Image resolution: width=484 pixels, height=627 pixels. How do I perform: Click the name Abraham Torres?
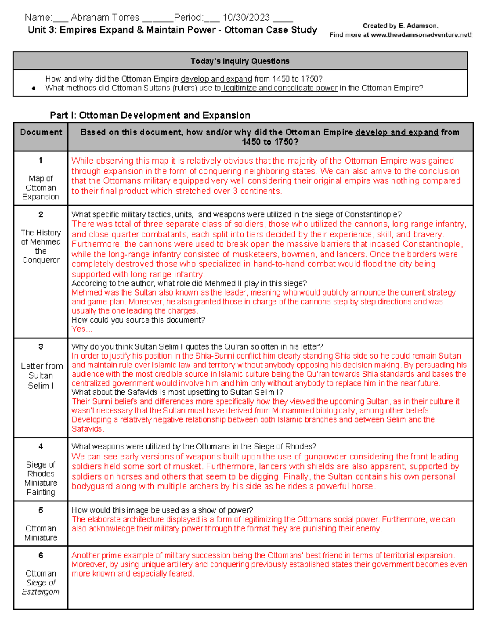click(105, 17)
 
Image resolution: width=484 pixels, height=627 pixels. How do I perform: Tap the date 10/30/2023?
click(246, 17)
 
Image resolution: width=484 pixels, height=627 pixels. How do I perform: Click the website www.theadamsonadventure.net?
click(421, 35)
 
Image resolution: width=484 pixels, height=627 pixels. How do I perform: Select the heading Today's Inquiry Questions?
click(240, 61)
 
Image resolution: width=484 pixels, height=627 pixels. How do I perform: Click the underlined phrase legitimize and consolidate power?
click(280, 88)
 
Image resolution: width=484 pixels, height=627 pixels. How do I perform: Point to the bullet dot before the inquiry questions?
click(34, 88)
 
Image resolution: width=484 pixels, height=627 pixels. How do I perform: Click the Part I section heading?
click(150, 115)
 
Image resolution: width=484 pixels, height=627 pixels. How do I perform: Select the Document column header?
click(41, 132)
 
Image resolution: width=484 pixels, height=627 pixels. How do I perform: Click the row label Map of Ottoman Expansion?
click(41, 187)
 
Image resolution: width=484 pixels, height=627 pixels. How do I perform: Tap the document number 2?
click(41, 214)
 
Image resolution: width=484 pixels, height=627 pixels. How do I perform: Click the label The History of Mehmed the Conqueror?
click(41, 246)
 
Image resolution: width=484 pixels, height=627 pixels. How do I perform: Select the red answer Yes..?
click(81, 329)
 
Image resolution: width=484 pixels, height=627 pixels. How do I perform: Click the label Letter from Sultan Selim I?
click(42, 375)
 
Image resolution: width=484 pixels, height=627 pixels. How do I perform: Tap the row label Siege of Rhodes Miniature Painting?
click(41, 478)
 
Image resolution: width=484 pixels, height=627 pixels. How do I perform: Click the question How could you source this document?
click(138, 320)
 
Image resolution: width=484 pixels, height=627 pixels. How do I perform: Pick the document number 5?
click(41, 510)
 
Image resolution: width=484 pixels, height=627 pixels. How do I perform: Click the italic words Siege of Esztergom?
click(41, 587)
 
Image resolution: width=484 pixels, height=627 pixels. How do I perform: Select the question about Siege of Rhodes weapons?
click(194, 447)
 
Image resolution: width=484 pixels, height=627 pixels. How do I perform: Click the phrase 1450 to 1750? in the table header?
click(270, 142)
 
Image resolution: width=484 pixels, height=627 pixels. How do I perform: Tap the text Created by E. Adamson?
click(400, 26)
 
